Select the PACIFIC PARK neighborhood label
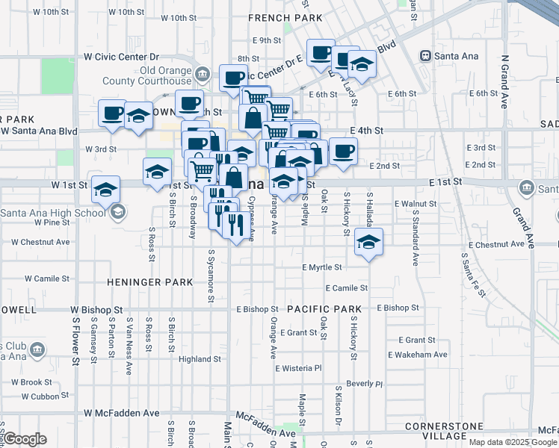pos(324,308)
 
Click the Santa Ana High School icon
pos(117,212)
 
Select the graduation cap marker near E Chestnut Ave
pos(369,242)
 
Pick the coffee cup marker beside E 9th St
pos(321,52)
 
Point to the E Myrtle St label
pos(322,267)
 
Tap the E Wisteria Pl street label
pos(297,368)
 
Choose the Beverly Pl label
pos(364,384)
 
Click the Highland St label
pos(200,359)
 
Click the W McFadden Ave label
pos(122,412)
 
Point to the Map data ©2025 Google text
pos(513,441)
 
